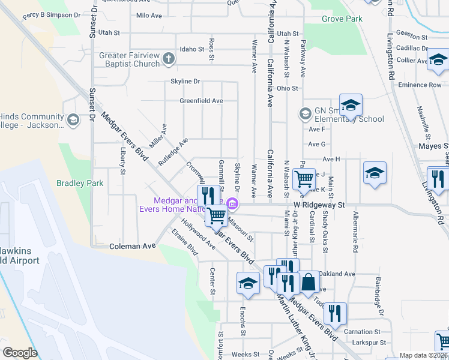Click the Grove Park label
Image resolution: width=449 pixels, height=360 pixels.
point(342,19)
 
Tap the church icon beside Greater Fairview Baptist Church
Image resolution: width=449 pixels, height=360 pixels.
point(169,59)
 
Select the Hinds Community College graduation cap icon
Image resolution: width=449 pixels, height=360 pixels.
point(73,119)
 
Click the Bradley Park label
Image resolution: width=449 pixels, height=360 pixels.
point(80,183)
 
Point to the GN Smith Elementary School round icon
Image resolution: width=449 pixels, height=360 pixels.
point(304,113)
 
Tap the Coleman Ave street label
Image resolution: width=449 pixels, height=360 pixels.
point(133,246)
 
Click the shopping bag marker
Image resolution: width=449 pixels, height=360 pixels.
point(309,281)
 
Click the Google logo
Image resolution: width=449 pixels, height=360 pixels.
point(20,353)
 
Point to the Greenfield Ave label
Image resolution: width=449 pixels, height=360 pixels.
point(201,101)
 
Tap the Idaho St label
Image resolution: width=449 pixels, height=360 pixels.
point(192,49)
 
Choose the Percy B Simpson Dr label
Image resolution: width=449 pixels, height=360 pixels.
point(52,14)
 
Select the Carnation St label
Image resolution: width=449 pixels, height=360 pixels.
point(363,331)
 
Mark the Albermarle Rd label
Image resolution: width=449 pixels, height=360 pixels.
point(357,227)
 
